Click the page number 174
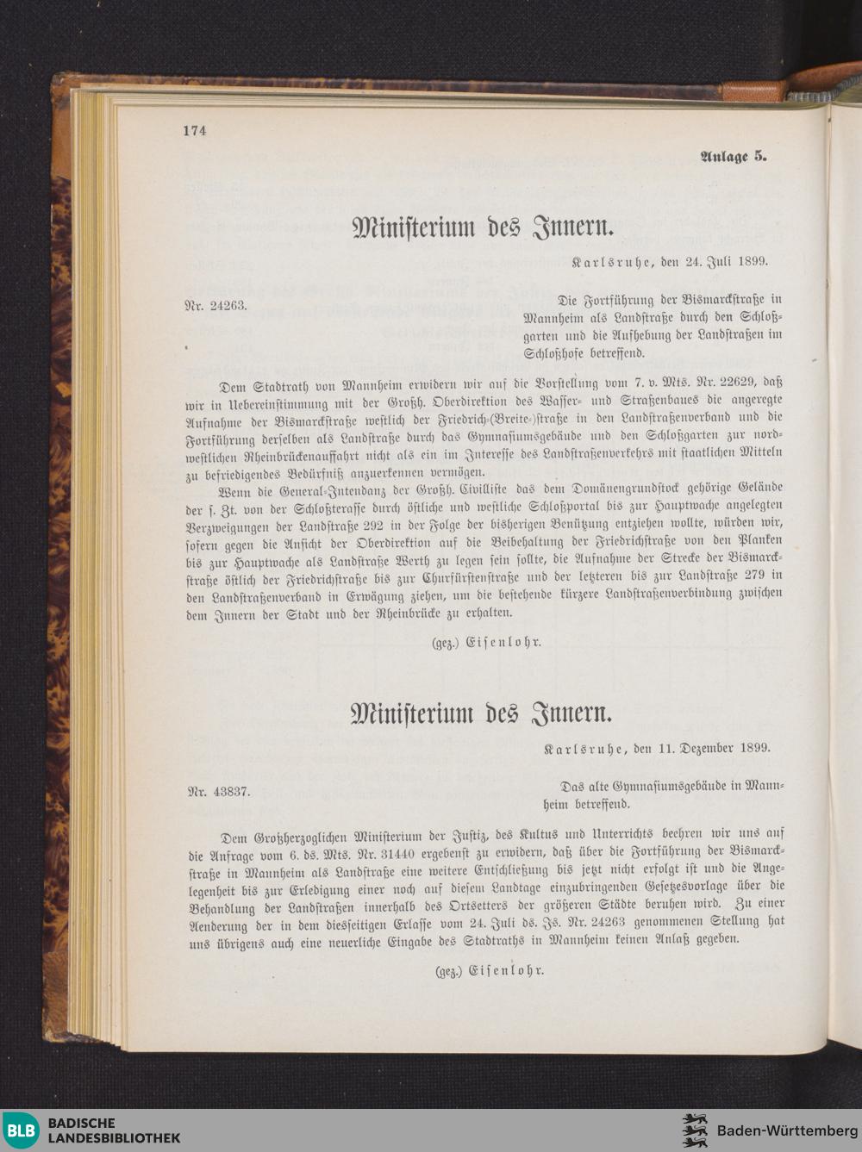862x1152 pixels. point(195,131)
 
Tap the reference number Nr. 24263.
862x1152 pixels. point(216,305)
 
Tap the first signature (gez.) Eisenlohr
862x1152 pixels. point(486,642)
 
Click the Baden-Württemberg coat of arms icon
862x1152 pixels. point(695,1130)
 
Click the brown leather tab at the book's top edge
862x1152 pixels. point(752,89)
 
